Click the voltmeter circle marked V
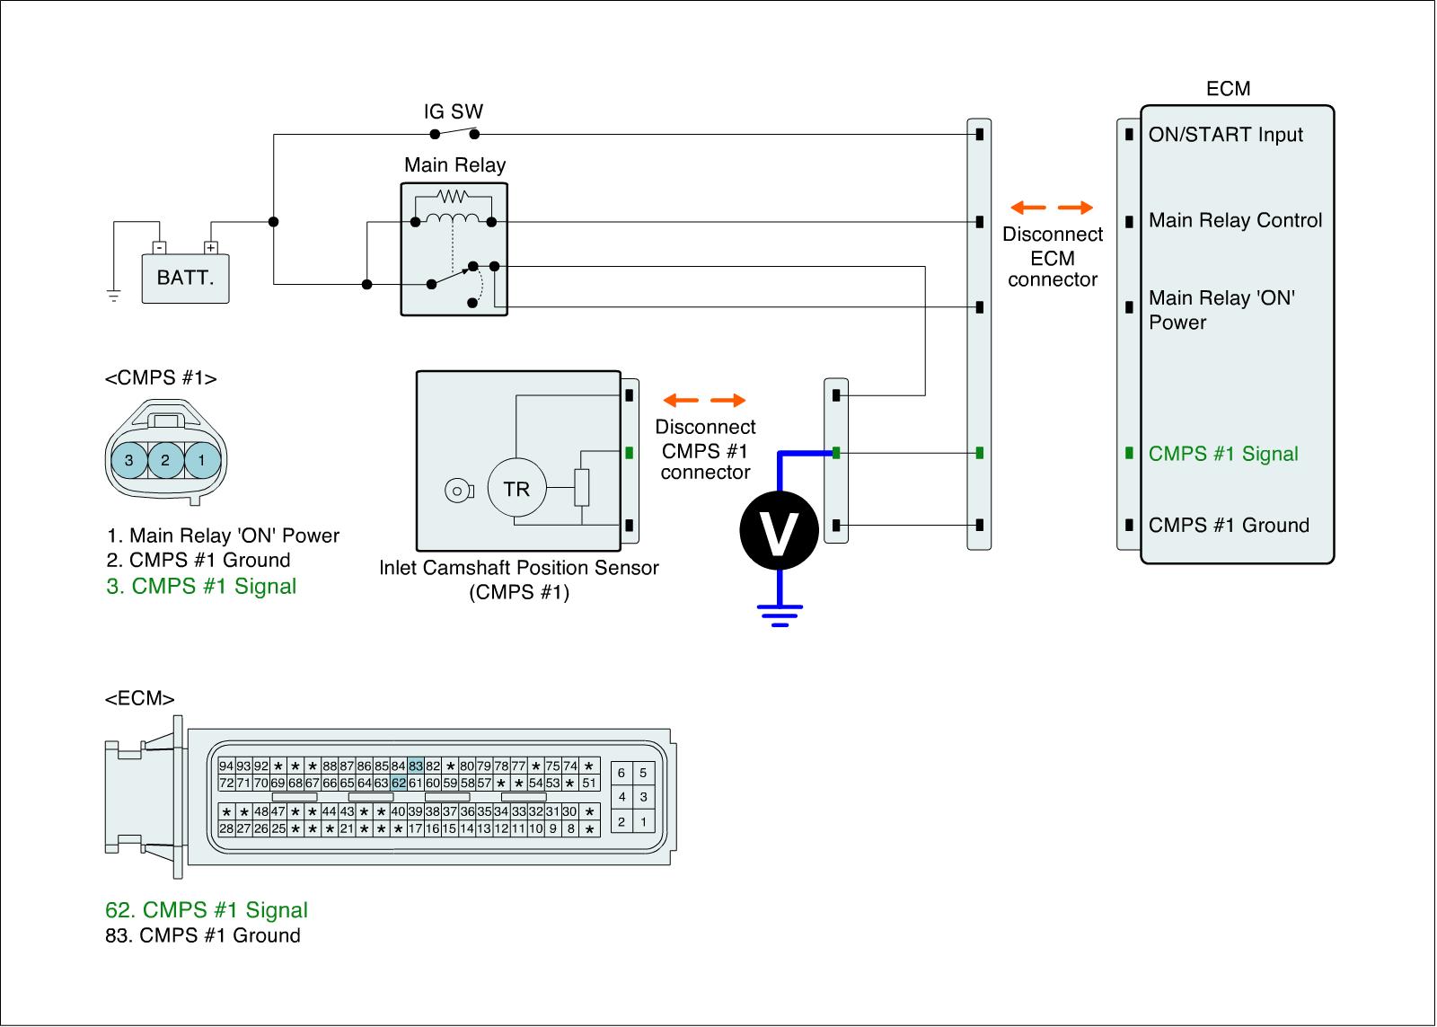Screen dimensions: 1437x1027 tap(779, 531)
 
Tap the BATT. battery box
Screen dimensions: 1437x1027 tap(185, 279)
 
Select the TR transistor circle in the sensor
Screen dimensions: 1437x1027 tap(517, 489)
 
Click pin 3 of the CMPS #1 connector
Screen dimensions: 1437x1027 tap(129, 460)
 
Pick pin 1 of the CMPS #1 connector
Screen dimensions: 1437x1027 tap(202, 460)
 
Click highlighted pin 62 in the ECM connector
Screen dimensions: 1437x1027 tap(399, 784)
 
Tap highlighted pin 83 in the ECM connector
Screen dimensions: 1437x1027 tap(416, 766)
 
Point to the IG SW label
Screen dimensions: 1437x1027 tap(453, 111)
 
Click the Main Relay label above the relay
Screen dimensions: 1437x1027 tap(454, 165)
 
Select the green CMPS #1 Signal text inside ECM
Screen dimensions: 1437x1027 tap(1222, 454)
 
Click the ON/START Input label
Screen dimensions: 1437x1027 tap(1225, 135)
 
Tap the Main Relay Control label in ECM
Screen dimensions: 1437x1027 tap(1235, 220)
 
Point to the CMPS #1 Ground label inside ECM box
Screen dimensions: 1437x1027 tap(1229, 525)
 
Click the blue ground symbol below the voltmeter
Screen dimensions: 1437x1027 tap(780, 615)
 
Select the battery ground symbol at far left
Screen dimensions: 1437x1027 tap(113, 296)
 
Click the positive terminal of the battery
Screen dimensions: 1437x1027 tap(210, 248)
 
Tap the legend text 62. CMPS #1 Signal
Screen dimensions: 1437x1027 tap(207, 910)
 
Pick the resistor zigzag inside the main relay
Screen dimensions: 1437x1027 tap(453, 195)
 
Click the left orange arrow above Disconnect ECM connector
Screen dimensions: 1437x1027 tap(1027, 208)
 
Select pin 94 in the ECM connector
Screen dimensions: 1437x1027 tap(225, 766)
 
